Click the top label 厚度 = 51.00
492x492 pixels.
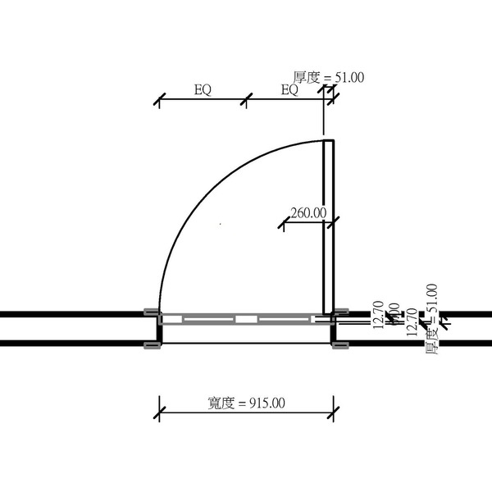[x=329, y=78]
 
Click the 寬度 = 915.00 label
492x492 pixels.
[x=247, y=403]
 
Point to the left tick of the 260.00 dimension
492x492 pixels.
[x=283, y=221]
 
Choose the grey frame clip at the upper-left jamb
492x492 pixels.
[x=151, y=312]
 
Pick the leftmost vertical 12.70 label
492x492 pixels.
[x=378, y=317]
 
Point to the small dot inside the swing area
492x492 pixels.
[x=221, y=224]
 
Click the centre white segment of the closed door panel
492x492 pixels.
[x=246, y=318]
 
